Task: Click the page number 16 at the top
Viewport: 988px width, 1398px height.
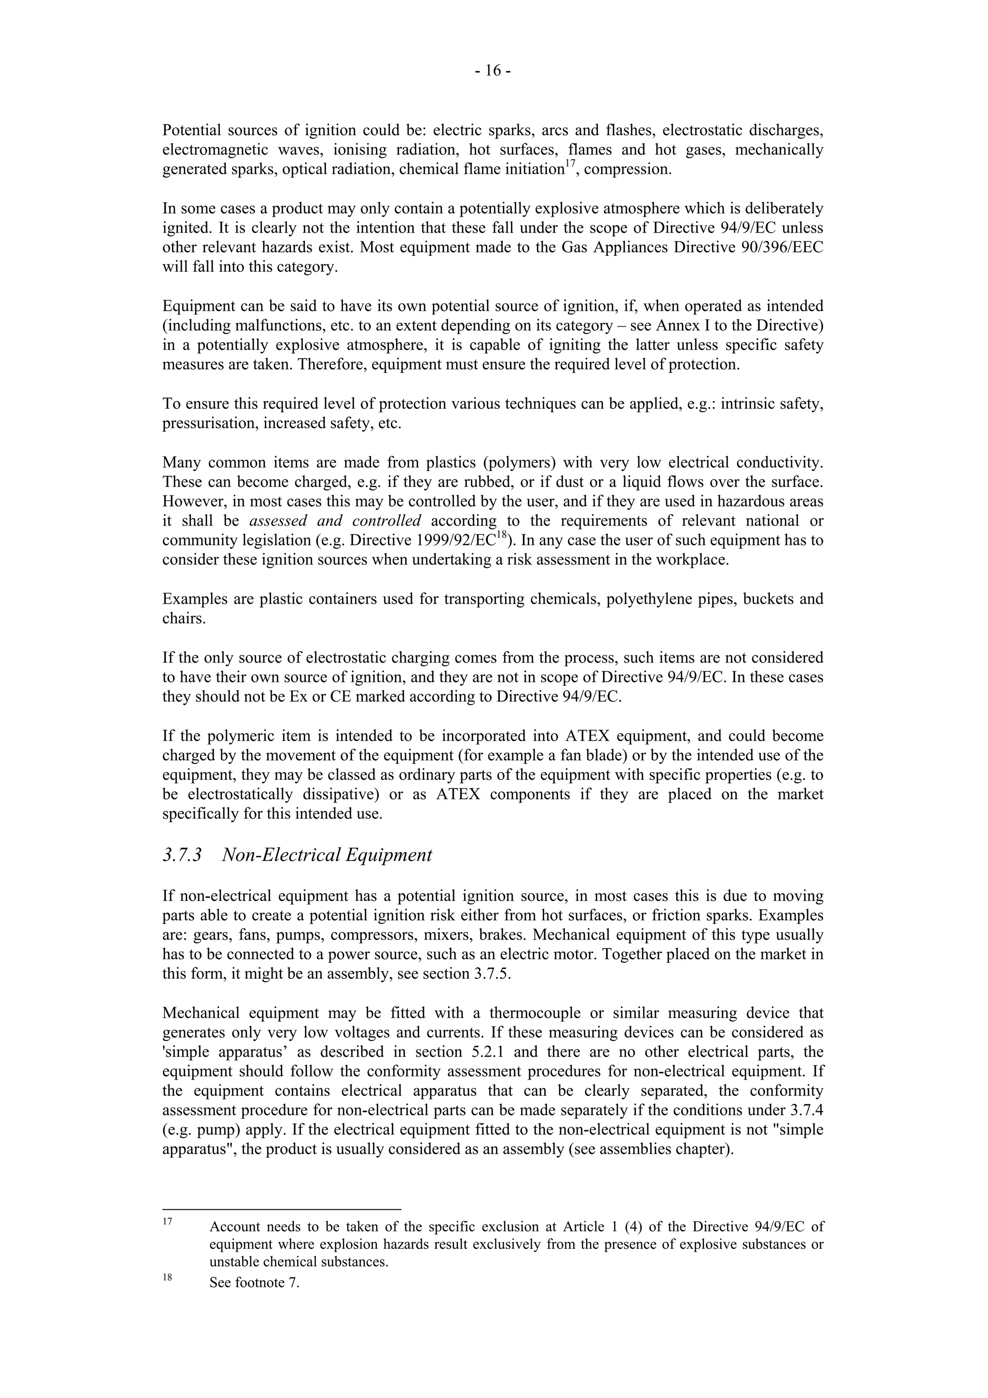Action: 493,71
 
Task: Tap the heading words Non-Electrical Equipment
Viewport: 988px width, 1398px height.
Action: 327,855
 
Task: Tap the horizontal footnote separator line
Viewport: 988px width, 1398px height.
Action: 281,1209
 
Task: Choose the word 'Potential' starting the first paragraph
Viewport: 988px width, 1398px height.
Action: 191,130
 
